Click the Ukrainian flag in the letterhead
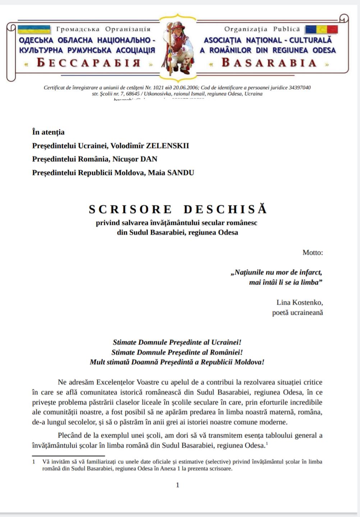click(34, 29)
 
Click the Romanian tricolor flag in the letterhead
click(321, 29)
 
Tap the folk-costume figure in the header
click(177, 47)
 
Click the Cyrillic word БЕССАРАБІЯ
click(88, 63)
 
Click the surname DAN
click(149, 159)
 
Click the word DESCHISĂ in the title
click(226, 209)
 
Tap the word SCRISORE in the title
click(130, 209)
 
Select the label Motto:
click(313, 252)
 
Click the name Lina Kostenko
click(300, 302)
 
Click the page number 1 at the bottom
click(177, 485)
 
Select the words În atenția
click(49, 132)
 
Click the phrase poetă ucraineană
click(297, 312)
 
